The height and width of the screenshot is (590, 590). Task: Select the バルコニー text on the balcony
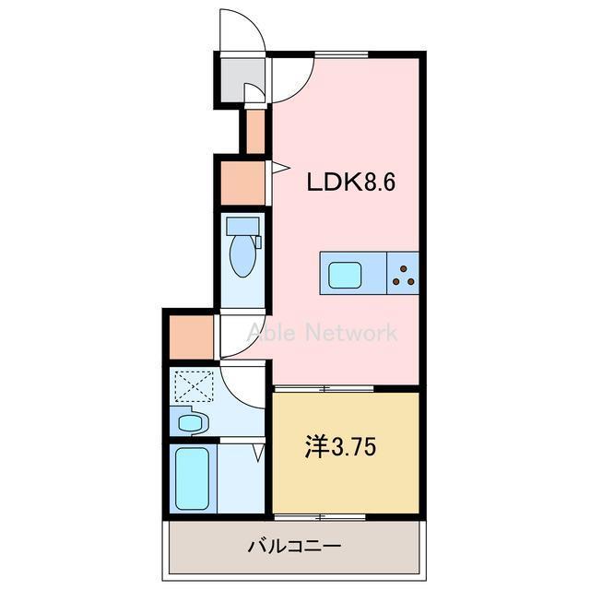[x=294, y=546]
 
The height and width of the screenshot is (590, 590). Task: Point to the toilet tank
[x=243, y=225]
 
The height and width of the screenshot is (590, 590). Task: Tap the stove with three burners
[x=401, y=274]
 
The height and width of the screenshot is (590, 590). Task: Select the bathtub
[x=195, y=479]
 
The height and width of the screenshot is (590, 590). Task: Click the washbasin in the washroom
[x=191, y=423]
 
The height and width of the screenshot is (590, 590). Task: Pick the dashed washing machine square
[x=195, y=384]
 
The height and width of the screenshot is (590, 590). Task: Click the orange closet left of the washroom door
[x=189, y=336]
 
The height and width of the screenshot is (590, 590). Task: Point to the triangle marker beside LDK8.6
[x=276, y=167]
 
